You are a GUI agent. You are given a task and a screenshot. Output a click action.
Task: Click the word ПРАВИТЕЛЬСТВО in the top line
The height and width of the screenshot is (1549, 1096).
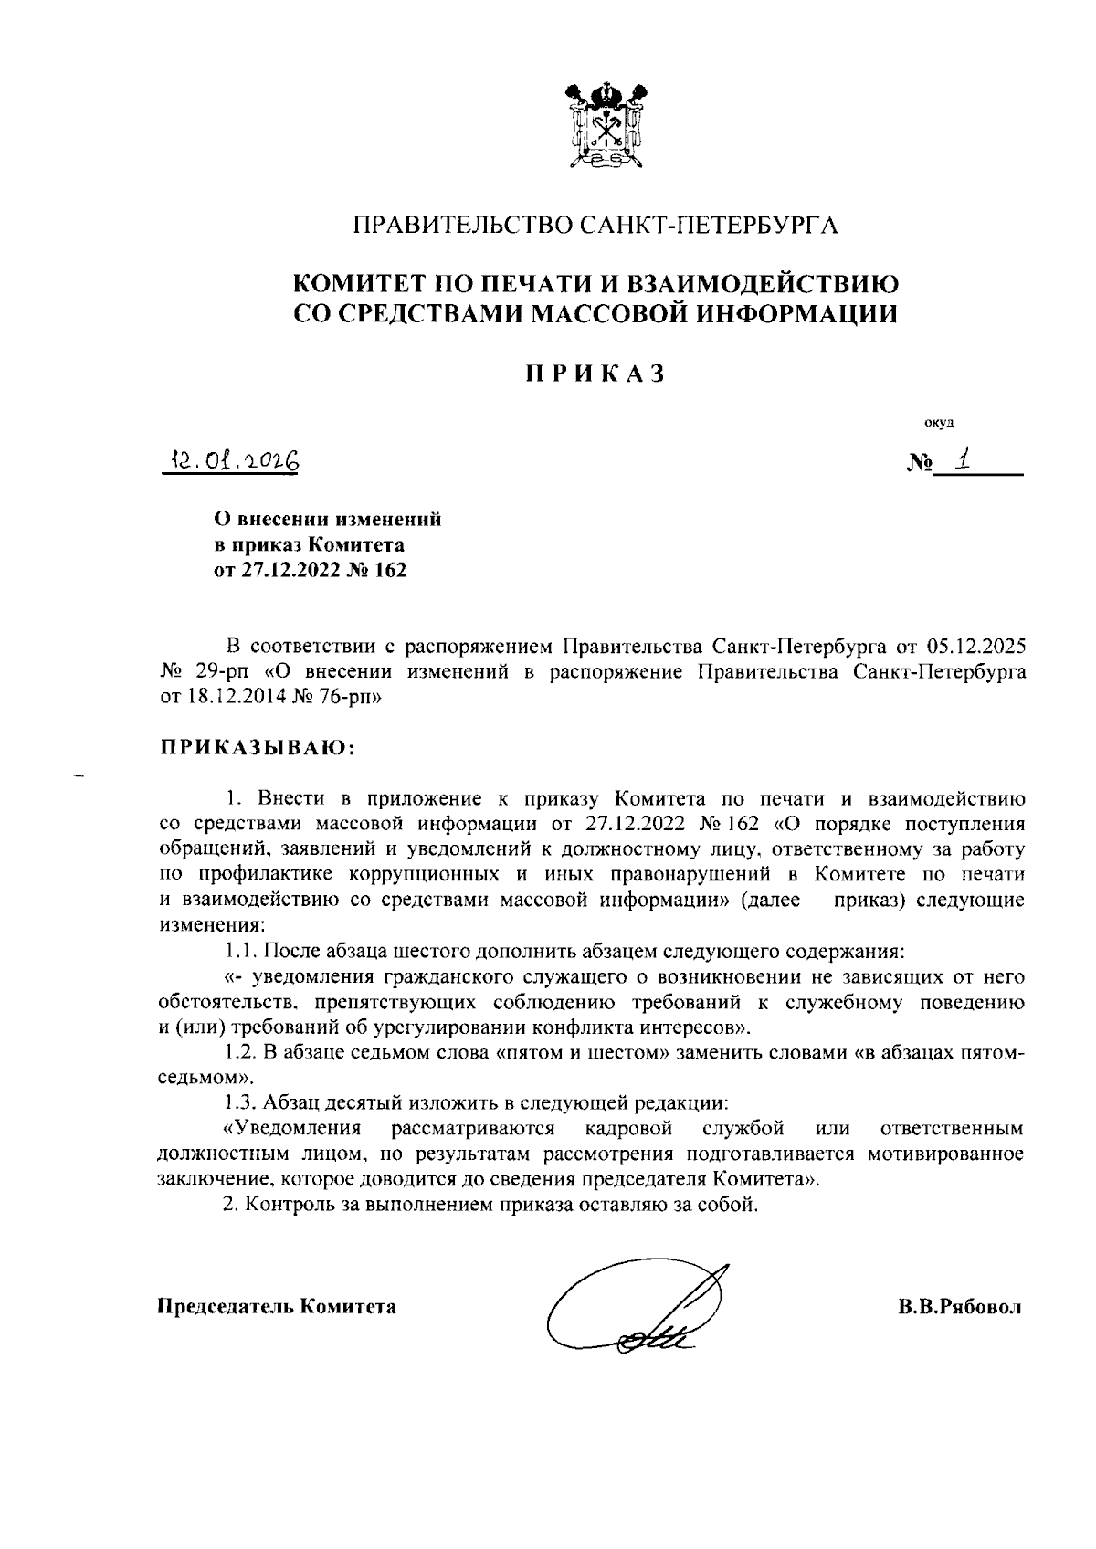click(464, 226)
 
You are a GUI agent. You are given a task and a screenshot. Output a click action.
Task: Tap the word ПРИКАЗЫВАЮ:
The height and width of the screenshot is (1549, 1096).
click(256, 748)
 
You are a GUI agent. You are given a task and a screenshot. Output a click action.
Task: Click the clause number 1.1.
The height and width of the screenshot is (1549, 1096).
click(242, 951)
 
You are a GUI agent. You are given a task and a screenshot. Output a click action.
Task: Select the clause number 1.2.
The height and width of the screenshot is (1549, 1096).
click(242, 1053)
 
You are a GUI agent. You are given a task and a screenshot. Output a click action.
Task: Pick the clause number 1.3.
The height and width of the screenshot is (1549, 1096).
click(242, 1103)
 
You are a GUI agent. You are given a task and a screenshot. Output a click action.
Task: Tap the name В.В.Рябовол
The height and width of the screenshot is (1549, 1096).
click(959, 1307)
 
